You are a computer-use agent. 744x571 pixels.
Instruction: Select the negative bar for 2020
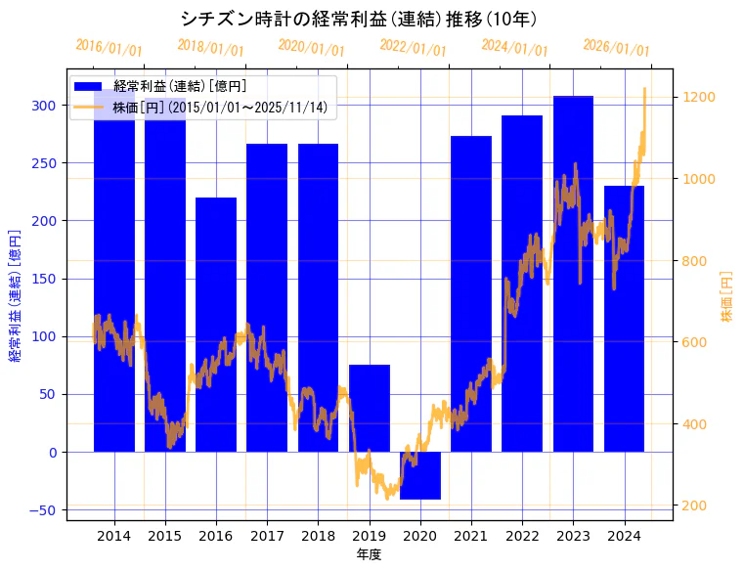pyautogui.click(x=420, y=475)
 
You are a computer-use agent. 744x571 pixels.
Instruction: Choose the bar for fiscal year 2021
pyautogui.click(x=471, y=293)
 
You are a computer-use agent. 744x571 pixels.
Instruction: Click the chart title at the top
pyautogui.click(x=359, y=19)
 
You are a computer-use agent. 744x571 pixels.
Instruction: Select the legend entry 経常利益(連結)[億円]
pyautogui.click(x=180, y=87)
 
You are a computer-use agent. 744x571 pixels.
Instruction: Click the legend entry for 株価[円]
pyautogui.click(x=219, y=108)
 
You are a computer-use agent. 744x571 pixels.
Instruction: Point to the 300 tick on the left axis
pyautogui.click(x=45, y=105)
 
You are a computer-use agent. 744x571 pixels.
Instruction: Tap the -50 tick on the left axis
pyautogui.click(x=43, y=510)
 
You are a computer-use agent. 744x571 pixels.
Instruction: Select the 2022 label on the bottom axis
pyautogui.click(x=522, y=536)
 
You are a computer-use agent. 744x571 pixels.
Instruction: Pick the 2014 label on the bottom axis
pyautogui.click(x=114, y=536)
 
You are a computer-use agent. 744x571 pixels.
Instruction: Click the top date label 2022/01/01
pyautogui.click(x=413, y=48)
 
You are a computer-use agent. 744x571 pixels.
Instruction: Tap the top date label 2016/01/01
pyautogui.click(x=109, y=48)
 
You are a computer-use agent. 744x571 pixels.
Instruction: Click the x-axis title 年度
pyautogui.click(x=369, y=554)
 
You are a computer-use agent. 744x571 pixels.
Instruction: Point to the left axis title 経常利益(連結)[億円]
pyautogui.click(x=15, y=295)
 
